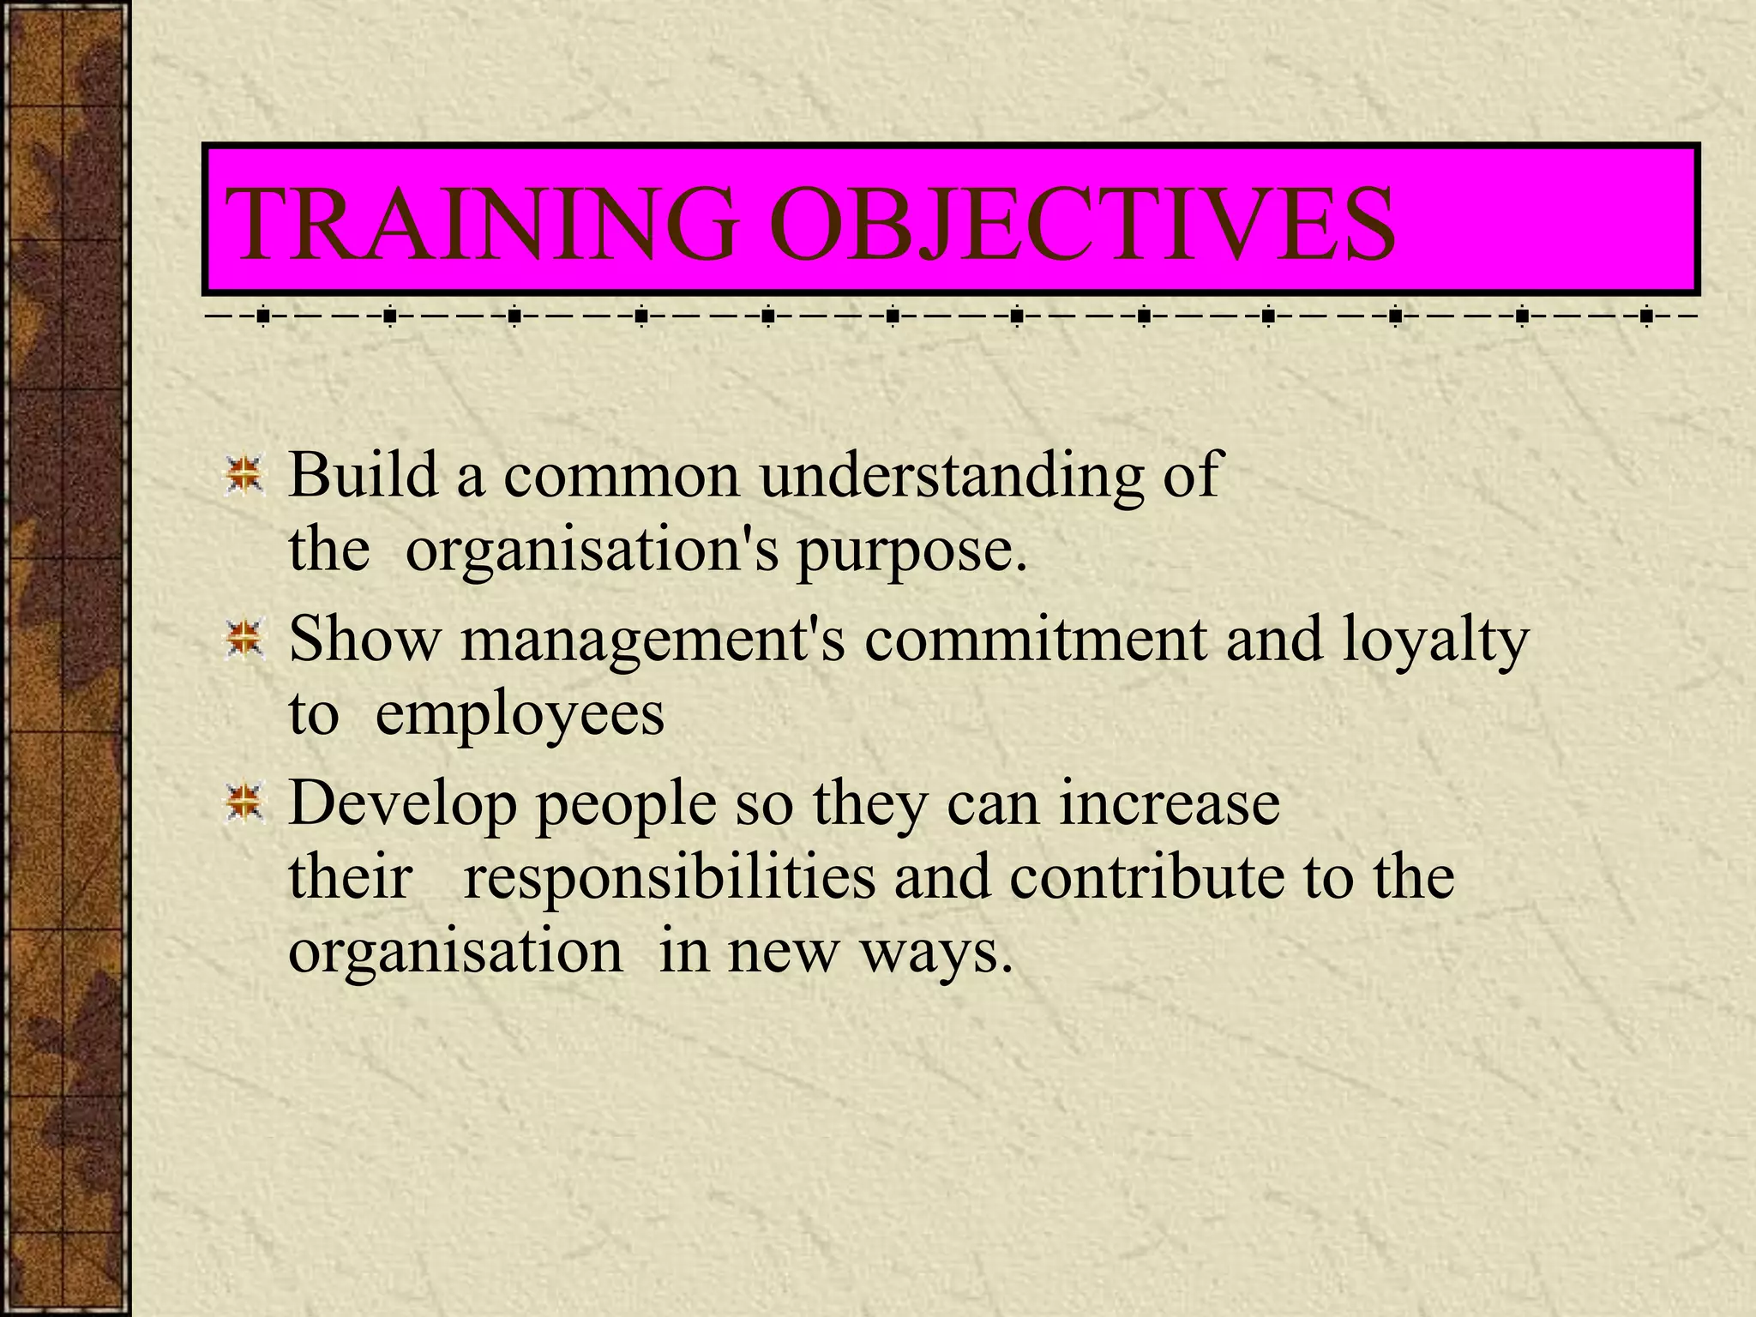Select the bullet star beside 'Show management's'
pos(244,640)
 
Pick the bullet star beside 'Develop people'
pos(244,804)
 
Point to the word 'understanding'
pos(952,476)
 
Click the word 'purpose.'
pos(911,551)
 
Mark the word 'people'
pos(626,806)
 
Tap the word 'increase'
pos(1170,804)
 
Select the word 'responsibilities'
pos(670,878)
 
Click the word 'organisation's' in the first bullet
pos(592,551)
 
